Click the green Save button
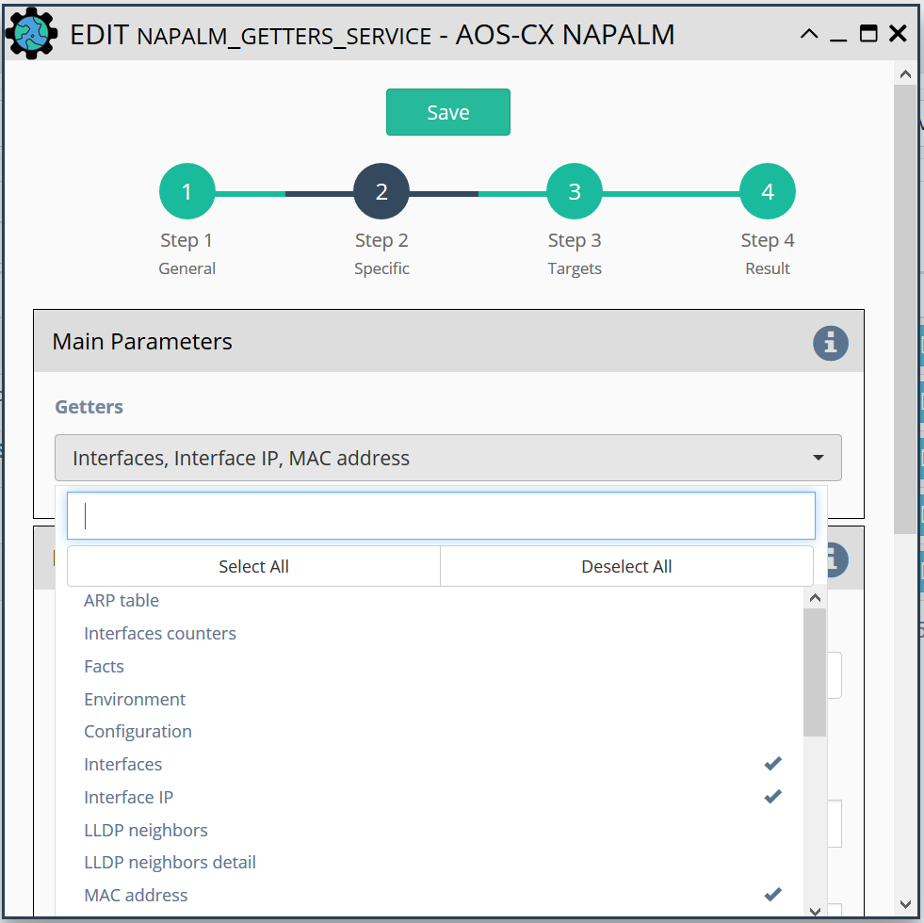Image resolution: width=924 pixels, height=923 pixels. [447, 112]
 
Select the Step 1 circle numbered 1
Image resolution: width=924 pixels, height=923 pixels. [187, 191]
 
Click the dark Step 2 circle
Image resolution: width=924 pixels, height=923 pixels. [381, 191]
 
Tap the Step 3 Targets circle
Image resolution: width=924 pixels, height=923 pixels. [575, 191]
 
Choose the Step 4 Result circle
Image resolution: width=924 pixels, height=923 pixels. [768, 191]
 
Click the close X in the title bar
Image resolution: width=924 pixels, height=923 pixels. [898, 34]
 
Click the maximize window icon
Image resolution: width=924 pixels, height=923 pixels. [868, 34]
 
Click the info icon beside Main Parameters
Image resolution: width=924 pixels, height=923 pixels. [831, 343]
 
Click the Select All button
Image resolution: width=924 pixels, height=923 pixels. [253, 566]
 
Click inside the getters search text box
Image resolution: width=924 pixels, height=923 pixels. [441, 516]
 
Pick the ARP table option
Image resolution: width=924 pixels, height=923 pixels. [122, 600]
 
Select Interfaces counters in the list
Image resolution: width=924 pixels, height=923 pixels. [160, 633]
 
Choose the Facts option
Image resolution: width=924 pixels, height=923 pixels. [104, 666]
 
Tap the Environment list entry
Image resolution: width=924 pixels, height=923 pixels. [135, 699]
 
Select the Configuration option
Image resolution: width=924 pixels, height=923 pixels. [138, 732]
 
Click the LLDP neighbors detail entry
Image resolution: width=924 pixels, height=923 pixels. [170, 863]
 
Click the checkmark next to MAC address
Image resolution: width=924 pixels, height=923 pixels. [772, 895]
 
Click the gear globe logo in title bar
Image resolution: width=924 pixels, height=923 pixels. [31, 34]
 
